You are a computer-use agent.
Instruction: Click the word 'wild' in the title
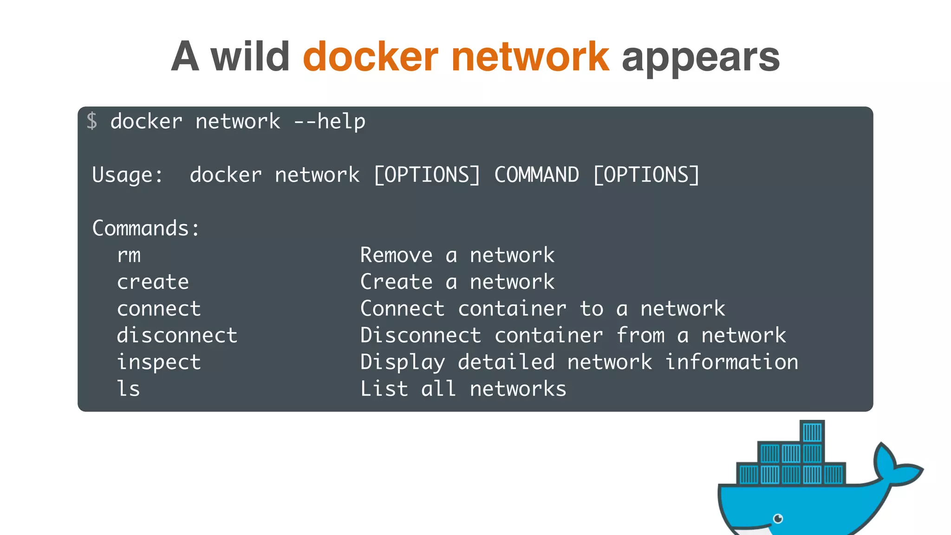click(x=250, y=57)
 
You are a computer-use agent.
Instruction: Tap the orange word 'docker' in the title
click(x=370, y=57)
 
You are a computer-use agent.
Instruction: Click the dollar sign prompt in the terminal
click(x=92, y=121)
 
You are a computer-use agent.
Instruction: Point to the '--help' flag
click(x=330, y=122)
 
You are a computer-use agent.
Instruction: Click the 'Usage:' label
click(x=127, y=175)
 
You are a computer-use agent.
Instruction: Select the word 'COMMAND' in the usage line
click(x=536, y=175)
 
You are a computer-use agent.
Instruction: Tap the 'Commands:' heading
click(x=146, y=228)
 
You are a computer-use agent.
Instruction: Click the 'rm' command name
click(x=129, y=255)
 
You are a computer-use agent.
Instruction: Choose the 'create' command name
click(x=153, y=282)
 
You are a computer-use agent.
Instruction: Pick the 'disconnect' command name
click(x=177, y=335)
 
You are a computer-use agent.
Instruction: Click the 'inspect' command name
click(x=159, y=362)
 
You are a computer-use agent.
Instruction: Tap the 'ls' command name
click(x=128, y=389)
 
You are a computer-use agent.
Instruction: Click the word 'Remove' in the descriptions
click(x=396, y=255)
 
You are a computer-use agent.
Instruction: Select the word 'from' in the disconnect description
click(x=641, y=335)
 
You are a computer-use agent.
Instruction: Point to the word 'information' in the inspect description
click(x=732, y=362)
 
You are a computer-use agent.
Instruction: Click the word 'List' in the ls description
click(x=384, y=389)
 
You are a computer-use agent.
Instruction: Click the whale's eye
click(x=778, y=518)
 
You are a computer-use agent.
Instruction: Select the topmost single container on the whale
click(x=812, y=432)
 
